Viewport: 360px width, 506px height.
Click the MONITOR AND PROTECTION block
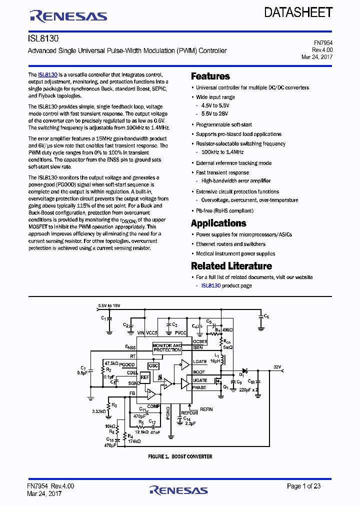click(x=167, y=347)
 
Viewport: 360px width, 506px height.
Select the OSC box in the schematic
click(x=153, y=366)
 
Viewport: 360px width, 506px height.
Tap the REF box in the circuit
click(x=145, y=377)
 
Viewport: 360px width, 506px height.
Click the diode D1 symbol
click(x=244, y=370)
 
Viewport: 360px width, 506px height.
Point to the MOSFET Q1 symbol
click(x=218, y=381)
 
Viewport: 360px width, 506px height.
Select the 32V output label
click(x=278, y=367)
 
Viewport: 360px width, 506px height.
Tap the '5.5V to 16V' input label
click(x=109, y=305)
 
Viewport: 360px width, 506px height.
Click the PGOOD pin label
click(x=127, y=364)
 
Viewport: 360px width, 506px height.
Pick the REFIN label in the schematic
click(x=206, y=409)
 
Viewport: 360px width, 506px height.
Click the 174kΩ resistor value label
click(x=134, y=441)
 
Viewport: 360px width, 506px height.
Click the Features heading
click(x=210, y=76)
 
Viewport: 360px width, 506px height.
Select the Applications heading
click(x=218, y=223)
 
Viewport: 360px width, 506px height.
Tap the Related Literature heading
click(x=231, y=266)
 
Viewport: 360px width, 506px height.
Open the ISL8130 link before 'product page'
click(x=210, y=285)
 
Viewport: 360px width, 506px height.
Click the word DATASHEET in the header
click(x=298, y=12)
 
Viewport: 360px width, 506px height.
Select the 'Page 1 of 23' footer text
click(x=303, y=486)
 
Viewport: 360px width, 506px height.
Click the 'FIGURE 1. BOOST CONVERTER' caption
click(x=180, y=456)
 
